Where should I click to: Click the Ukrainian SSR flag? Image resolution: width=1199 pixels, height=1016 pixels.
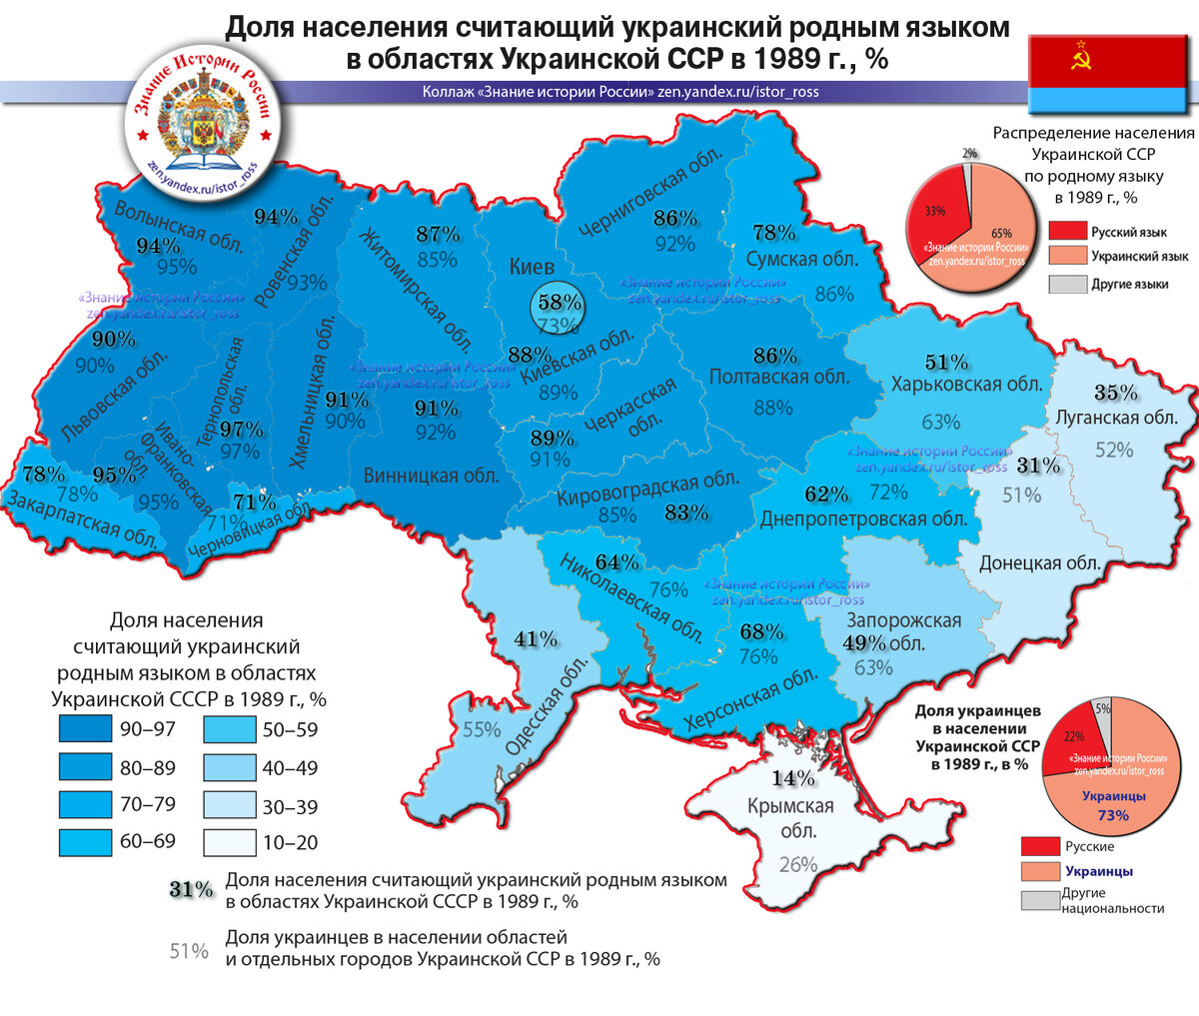[1110, 73]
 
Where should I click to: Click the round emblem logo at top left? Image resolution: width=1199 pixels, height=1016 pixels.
[203, 111]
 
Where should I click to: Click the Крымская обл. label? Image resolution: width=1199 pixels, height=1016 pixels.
[790, 818]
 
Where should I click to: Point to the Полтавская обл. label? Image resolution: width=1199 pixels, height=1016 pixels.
[779, 377]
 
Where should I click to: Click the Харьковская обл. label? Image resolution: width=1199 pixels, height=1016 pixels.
[966, 385]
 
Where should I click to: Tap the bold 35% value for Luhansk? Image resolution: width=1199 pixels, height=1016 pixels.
[1115, 393]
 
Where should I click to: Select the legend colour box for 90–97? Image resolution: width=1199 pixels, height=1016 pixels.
[85, 729]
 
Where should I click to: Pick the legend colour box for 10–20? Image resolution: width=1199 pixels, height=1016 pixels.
[229, 843]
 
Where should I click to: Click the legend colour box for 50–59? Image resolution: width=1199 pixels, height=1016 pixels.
[229, 729]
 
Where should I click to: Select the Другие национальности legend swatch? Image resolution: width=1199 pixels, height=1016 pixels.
[1039, 900]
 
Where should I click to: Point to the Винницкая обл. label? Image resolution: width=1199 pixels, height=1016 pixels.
[431, 476]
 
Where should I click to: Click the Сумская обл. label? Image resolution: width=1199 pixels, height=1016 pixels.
[802, 259]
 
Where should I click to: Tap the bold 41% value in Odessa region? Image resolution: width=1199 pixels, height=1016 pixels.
[536, 639]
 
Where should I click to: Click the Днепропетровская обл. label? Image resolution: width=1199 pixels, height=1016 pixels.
[863, 519]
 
